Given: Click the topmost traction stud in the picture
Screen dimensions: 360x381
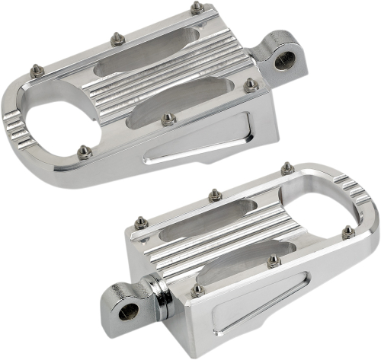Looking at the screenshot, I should click(x=197, y=8).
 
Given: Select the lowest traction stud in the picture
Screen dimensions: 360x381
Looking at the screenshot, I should click(x=197, y=289).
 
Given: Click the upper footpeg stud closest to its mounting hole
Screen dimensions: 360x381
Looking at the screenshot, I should click(x=249, y=85).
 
